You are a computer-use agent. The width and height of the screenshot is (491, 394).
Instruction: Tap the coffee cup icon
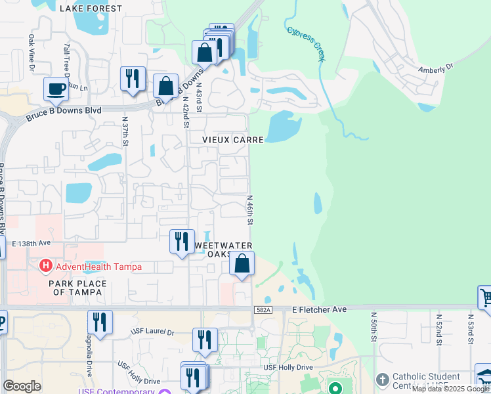(x=56, y=89)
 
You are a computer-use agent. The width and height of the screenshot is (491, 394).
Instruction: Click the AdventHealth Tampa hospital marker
(x=45, y=267)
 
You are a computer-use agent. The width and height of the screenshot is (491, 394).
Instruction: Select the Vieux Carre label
(x=233, y=140)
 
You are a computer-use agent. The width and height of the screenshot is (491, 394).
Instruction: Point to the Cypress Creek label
(x=305, y=43)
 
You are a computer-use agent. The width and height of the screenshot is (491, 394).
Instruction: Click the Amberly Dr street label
(x=436, y=68)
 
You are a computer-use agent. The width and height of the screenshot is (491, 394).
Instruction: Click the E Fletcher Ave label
(x=318, y=308)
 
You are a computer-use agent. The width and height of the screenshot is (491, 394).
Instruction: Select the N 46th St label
(x=250, y=209)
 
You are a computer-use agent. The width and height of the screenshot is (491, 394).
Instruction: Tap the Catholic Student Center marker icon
(x=383, y=380)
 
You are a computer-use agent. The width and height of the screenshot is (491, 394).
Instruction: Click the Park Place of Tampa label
(x=77, y=288)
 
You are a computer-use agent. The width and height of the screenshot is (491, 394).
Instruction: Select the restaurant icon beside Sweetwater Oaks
(x=182, y=240)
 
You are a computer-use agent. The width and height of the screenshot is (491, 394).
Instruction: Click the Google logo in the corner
(x=22, y=386)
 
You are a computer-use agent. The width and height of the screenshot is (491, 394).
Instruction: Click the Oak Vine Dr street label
(x=31, y=49)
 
